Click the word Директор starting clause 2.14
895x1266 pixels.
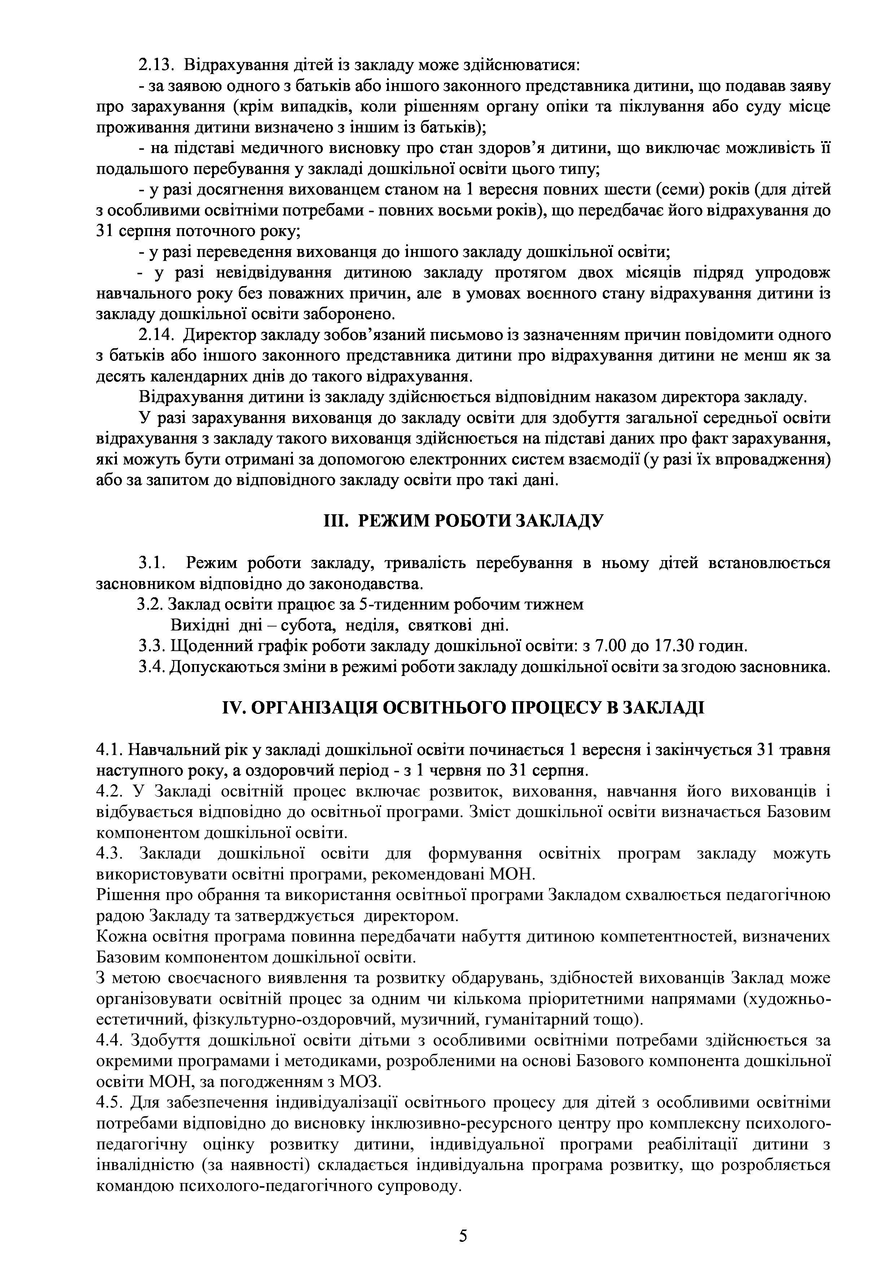pos(219,335)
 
